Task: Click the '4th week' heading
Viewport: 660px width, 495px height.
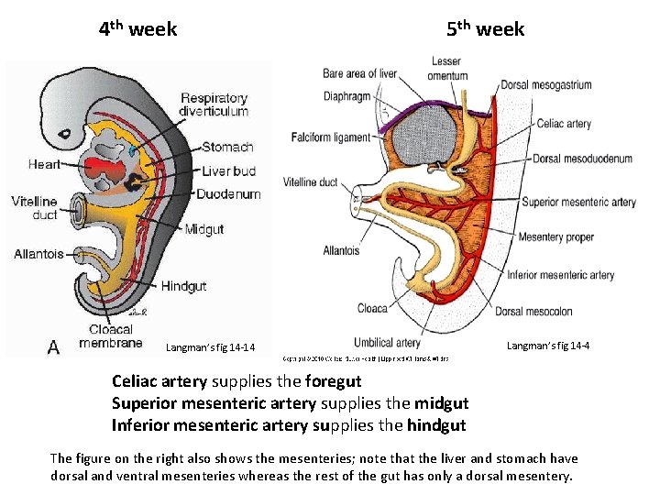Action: [137, 29]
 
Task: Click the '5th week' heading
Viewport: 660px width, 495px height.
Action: [486, 29]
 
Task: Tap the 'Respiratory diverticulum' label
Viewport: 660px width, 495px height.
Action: [214, 104]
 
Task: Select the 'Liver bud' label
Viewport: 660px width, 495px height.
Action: [229, 170]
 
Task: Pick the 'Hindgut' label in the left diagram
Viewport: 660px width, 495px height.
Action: [183, 286]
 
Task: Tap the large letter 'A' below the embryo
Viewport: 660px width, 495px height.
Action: [54, 346]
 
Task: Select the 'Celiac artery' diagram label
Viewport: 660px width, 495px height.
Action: [564, 124]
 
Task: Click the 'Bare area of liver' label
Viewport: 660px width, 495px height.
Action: [359, 73]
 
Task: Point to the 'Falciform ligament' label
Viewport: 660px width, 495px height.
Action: [331, 137]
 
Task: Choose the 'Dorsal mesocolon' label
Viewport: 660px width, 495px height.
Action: [534, 311]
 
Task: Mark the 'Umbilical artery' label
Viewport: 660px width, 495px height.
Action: [387, 344]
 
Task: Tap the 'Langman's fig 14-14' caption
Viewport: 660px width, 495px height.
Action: [210, 347]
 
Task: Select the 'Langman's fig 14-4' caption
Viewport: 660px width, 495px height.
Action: [547, 346]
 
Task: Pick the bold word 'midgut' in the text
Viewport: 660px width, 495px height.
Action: [441, 403]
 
